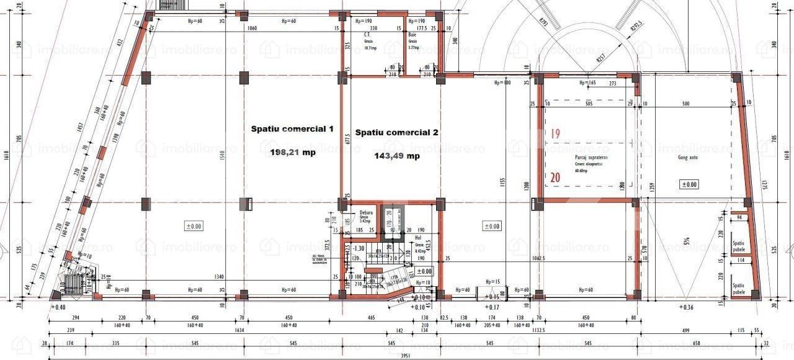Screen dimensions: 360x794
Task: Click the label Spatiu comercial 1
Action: coord(292,129)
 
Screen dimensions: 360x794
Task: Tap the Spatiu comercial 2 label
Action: coord(396,133)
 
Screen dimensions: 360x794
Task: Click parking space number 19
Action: coord(555,133)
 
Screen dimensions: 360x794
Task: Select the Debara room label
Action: coord(367,212)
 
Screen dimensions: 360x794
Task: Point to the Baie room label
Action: coord(411,36)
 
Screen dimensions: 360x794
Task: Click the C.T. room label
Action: coord(367,36)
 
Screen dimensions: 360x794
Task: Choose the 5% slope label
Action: coord(687,240)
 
